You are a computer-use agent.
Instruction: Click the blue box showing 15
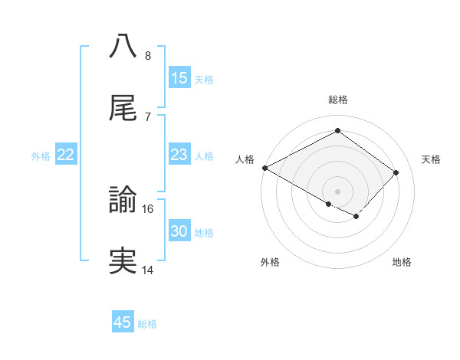(179, 78)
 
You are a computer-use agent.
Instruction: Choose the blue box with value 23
(179, 155)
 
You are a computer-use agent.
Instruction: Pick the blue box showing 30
(179, 231)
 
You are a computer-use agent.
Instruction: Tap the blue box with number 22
(66, 155)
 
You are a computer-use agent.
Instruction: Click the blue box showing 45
(123, 322)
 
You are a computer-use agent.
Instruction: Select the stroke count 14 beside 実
(148, 270)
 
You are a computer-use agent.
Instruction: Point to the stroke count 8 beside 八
(147, 55)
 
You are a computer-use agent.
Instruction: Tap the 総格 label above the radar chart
(338, 100)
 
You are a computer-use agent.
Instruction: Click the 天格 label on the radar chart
(431, 159)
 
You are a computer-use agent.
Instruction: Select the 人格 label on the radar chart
(244, 159)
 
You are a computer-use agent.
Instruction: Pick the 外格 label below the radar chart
(270, 262)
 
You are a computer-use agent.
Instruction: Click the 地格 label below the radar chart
(402, 262)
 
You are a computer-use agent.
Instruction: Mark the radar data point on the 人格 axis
(264, 168)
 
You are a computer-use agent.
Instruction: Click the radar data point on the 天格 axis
(396, 172)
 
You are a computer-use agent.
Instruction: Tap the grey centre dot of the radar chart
(338, 191)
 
